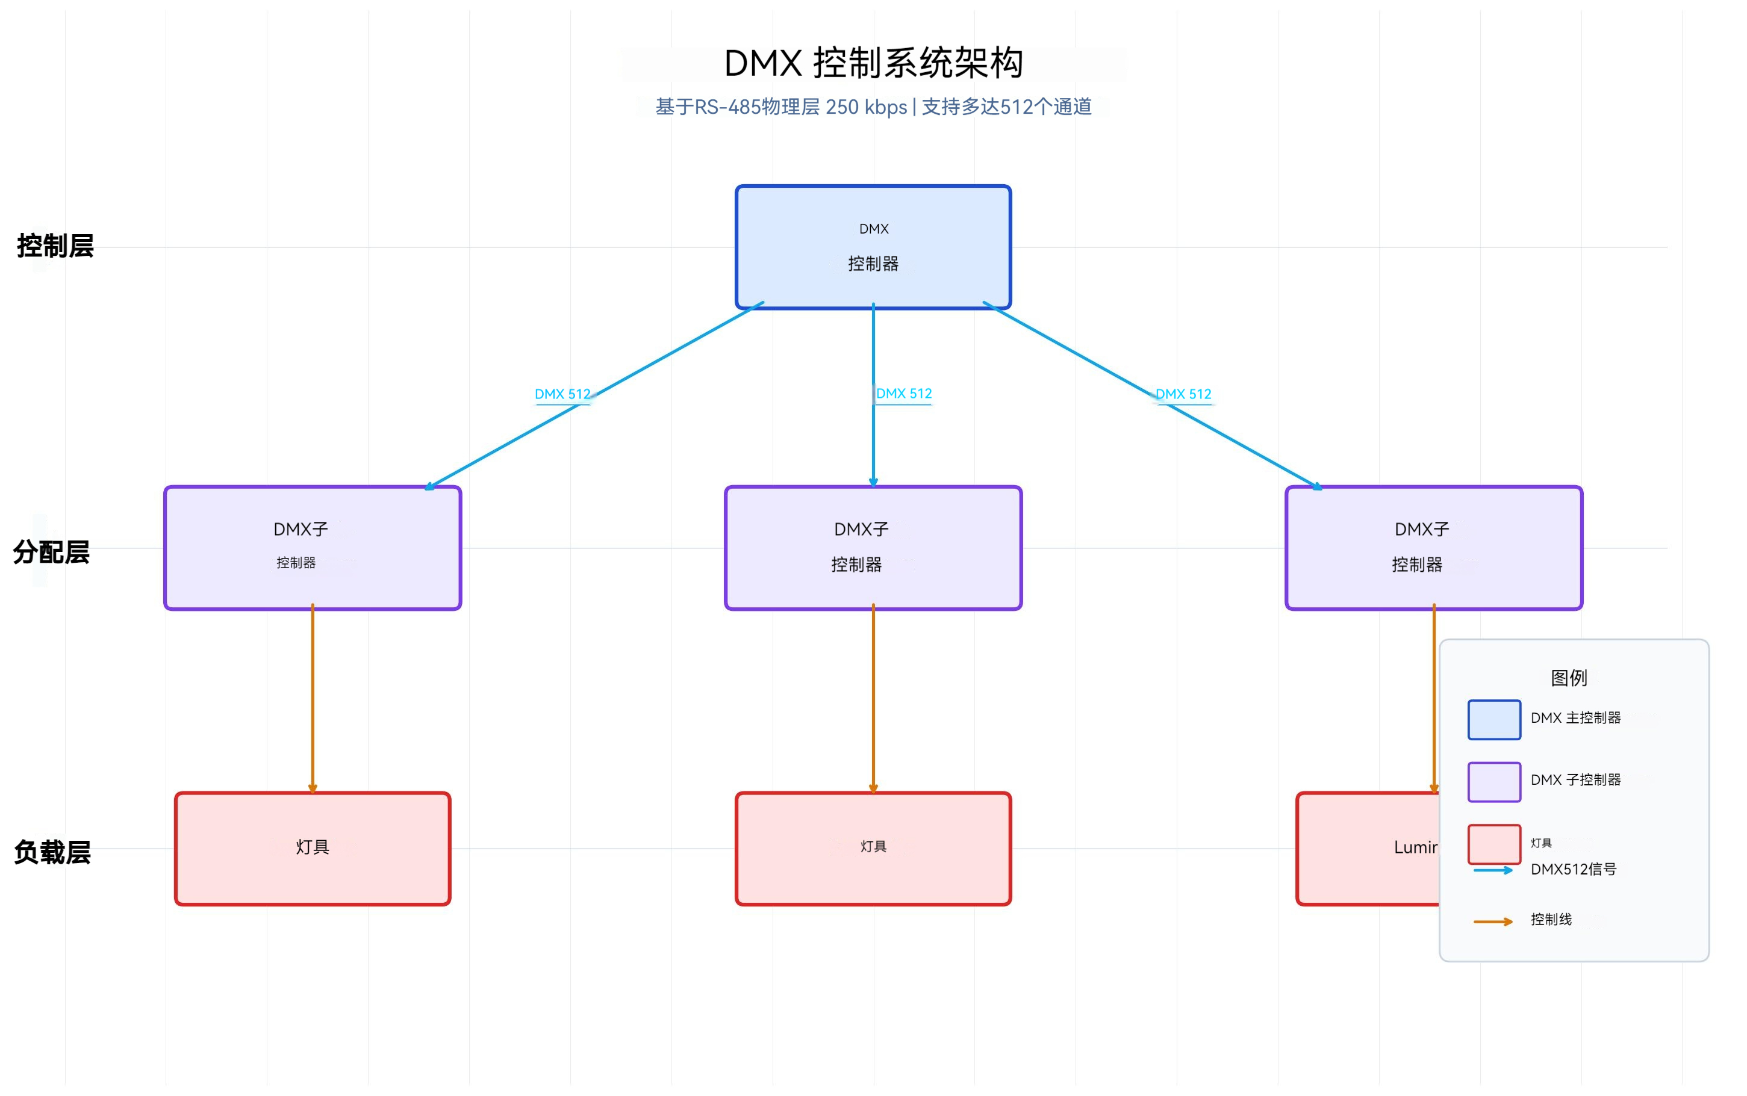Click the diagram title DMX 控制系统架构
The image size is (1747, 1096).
click(x=873, y=63)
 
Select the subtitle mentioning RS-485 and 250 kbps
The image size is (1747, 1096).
click(x=873, y=107)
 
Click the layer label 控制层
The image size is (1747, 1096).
click(x=55, y=246)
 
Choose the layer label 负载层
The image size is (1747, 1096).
click(x=52, y=852)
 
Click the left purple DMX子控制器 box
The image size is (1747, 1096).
click(x=312, y=547)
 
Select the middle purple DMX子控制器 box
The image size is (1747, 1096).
click(x=873, y=547)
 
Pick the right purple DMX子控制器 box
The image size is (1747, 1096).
click(x=1433, y=547)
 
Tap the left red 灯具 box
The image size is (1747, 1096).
click(x=312, y=848)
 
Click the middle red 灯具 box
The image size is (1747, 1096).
click(x=873, y=848)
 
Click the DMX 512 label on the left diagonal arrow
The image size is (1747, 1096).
click(x=562, y=394)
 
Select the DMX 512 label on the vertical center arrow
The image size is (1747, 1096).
click(x=903, y=394)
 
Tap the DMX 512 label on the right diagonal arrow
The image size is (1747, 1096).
click(x=1183, y=394)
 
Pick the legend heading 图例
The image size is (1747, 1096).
click(x=1568, y=678)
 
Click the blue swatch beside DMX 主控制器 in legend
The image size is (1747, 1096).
click(x=1493, y=719)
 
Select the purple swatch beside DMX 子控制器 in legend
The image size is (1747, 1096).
click(x=1493, y=781)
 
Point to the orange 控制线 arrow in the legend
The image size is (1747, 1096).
click(x=1492, y=921)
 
